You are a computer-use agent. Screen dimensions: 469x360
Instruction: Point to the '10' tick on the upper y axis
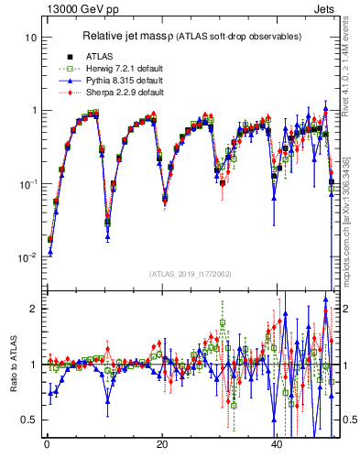[30, 38]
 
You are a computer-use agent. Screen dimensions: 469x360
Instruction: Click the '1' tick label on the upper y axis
[33, 111]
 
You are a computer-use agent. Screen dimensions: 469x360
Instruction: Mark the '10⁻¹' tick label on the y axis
[28, 184]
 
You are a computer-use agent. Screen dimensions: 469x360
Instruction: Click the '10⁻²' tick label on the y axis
[28, 257]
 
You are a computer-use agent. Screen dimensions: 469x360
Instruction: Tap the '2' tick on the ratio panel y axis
[33, 309]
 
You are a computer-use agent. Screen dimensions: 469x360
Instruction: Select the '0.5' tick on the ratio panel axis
[29, 420]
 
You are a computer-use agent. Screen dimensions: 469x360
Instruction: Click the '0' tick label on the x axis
[46, 443]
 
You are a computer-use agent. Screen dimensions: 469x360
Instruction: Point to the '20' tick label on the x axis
[161, 443]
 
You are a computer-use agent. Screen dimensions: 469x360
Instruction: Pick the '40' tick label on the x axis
[277, 443]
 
